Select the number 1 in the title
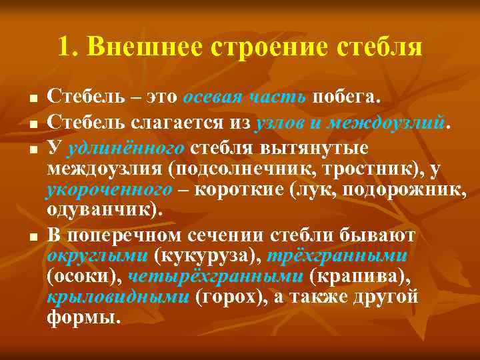point(65,47)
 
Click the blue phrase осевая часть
point(245,97)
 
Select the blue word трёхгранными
point(339,255)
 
